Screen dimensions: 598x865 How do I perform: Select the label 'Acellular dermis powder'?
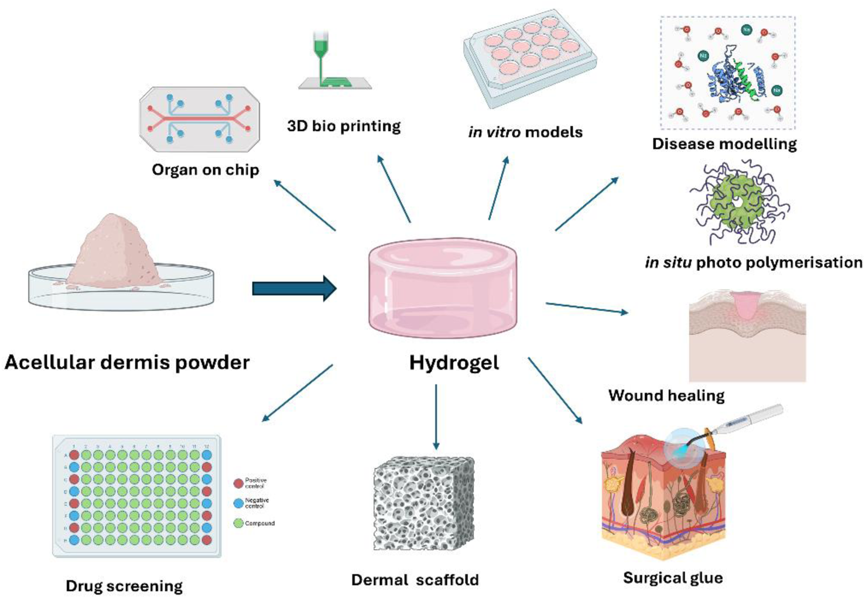click(x=127, y=363)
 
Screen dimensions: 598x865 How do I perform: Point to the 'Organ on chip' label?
click(x=205, y=170)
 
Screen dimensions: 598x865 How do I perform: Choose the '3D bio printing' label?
click(x=344, y=126)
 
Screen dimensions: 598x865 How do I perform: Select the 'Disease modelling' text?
click(x=724, y=144)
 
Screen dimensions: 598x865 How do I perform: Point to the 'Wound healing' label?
click(x=666, y=395)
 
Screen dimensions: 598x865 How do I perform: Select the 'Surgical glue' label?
click(x=673, y=578)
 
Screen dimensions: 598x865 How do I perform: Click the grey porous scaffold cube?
click(x=424, y=503)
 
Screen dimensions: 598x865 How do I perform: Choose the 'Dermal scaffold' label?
click(x=415, y=580)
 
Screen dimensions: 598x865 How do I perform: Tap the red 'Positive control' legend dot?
click(x=238, y=483)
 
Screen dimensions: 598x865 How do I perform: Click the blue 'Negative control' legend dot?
click(x=238, y=503)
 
